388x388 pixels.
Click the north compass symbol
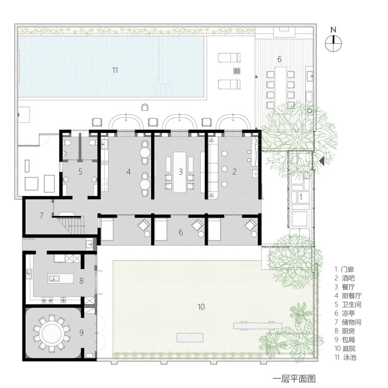[x=333, y=43]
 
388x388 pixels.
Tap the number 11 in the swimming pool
[x=115, y=70]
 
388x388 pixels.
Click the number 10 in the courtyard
[x=201, y=307]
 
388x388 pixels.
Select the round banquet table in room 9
[x=52, y=333]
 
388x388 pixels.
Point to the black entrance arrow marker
[x=322, y=161]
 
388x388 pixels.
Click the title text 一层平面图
[x=294, y=379]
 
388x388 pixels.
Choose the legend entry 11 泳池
[x=346, y=357]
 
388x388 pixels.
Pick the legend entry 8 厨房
[x=345, y=331]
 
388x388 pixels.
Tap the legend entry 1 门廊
[x=344, y=269]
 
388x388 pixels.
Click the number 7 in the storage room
[x=41, y=215]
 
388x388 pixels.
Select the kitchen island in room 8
[x=61, y=278]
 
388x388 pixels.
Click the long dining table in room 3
[x=180, y=172]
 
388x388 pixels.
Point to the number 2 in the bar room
[x=234, y=172]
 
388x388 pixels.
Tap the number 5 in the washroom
[x=80, y=172]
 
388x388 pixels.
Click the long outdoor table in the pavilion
[x=280, y=90]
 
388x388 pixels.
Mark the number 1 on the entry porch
[x=301, y=197]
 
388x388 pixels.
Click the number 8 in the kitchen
[x=81, y=281]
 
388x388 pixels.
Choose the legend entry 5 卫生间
[x=348, y=304]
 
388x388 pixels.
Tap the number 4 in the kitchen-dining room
[x=128, y=172]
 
